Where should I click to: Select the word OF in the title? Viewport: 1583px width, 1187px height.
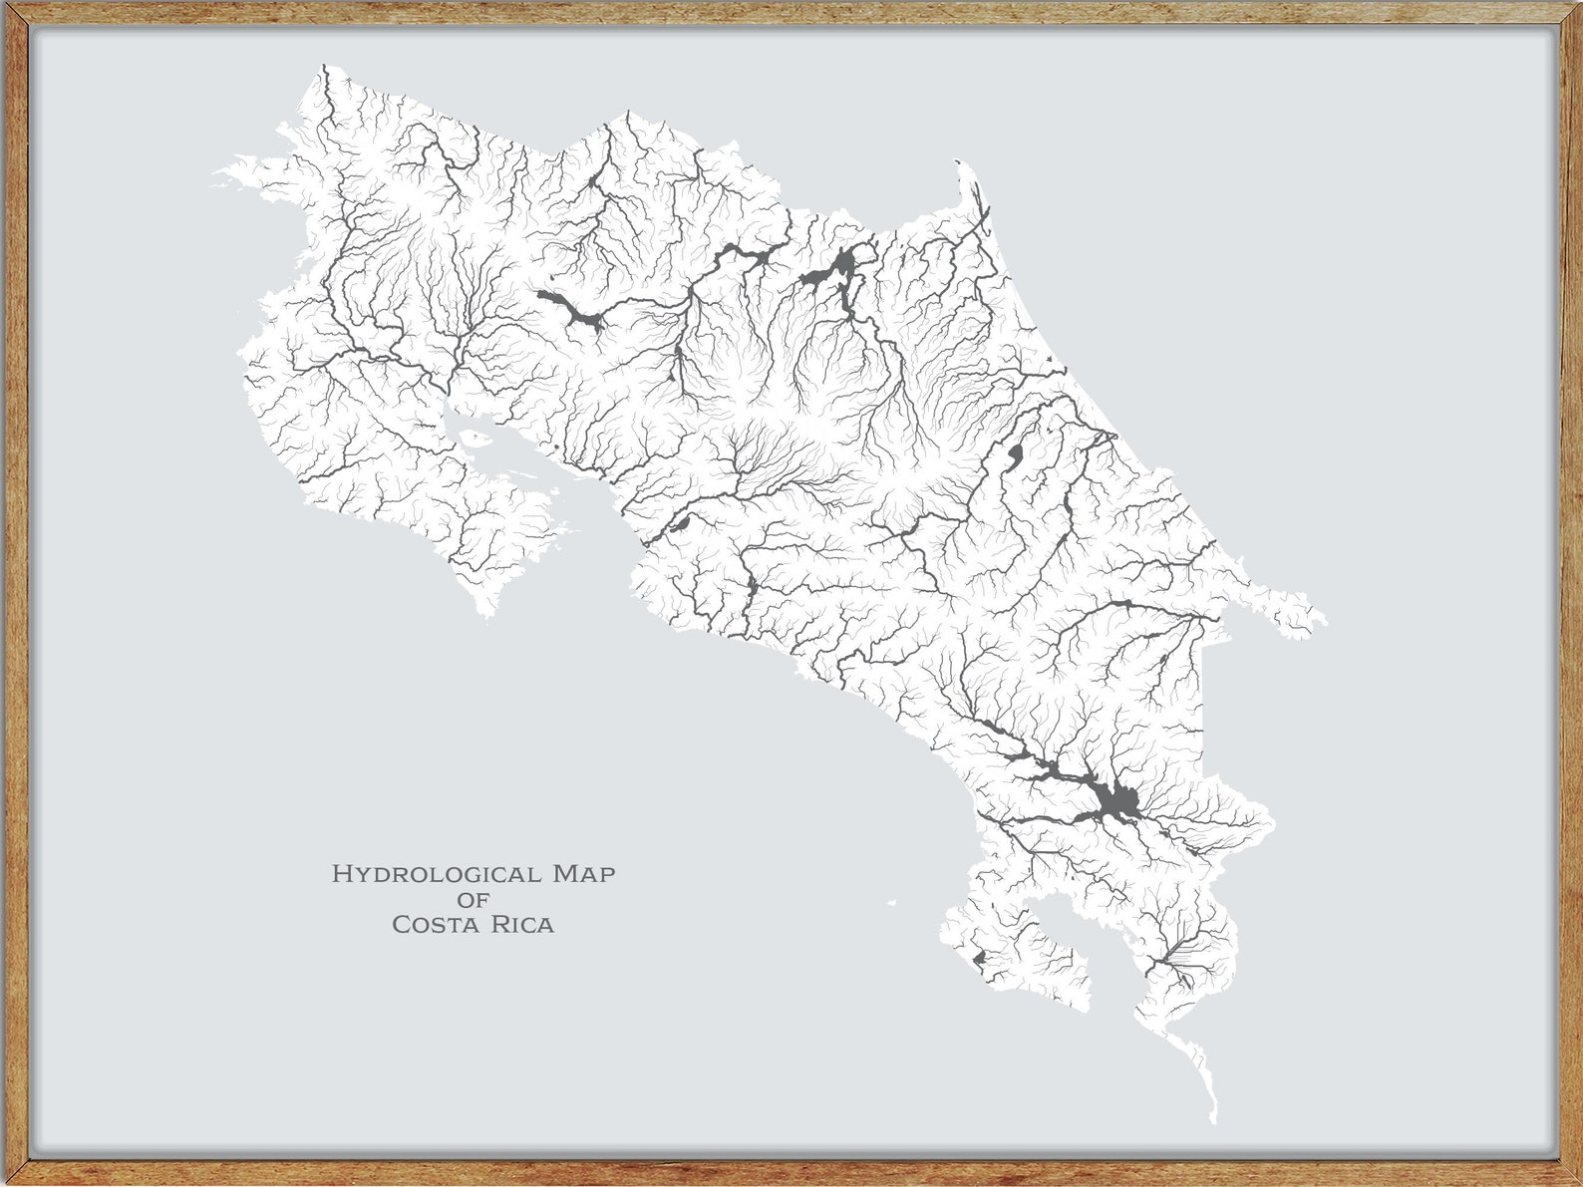(x=473, y=900)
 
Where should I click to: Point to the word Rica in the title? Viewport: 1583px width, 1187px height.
(x=521, y=925)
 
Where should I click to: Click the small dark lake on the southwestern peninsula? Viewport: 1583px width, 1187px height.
(x=979, y=958)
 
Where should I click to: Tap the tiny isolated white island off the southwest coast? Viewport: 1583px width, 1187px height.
(x=892, y=903)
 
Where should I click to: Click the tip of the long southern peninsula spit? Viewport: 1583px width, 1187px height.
(x=1214, y=1118)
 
